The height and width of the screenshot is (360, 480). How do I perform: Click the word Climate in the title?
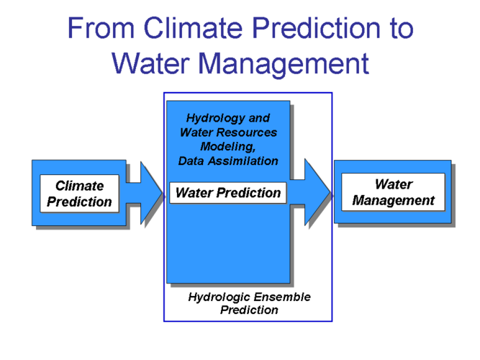193,27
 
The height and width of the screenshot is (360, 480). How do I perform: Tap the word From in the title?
101,28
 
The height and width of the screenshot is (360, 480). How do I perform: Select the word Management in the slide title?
284,65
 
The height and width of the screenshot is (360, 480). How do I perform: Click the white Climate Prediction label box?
80,194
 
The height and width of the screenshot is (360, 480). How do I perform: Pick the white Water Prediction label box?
228,193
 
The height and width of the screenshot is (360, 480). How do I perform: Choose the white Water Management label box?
394,192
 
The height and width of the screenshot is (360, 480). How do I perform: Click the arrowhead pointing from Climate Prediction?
151,193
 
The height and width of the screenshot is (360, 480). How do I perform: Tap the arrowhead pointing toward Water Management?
318,192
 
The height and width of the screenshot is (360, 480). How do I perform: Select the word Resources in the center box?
253,132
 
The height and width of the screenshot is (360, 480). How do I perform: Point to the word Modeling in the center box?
227,147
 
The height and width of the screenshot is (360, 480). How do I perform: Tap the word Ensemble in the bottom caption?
281,297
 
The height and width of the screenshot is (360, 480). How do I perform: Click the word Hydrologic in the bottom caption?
219,297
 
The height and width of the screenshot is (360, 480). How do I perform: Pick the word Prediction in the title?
317,27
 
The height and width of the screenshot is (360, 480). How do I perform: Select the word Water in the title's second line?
150,63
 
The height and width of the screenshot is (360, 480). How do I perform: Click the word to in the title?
402,29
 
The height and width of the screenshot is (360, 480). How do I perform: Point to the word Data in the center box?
191,161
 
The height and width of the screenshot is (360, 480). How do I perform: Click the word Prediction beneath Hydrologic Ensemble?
249,310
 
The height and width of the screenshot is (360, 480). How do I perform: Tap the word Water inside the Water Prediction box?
194,193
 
